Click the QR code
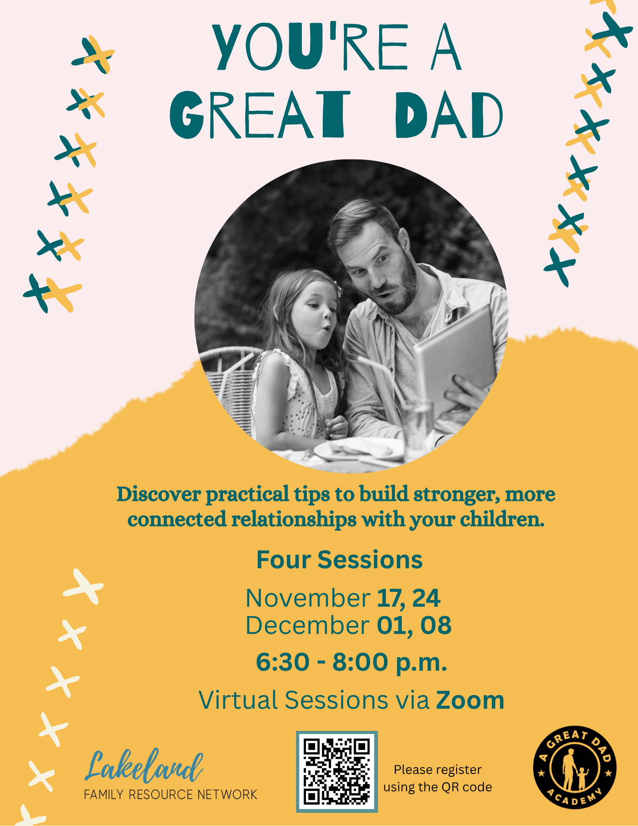pos(337,771)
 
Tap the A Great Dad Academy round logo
pos(574,767)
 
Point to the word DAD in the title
pos(449,115)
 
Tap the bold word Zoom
pos(470,700)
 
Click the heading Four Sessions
pos(339,560)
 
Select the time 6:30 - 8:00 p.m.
pos(351,662)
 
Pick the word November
pos(308,598)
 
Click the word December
pos(308,625)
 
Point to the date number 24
pos(426,598)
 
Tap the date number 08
pos(436,625)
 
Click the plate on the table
pos(359,449)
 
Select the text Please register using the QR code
pos(438,779)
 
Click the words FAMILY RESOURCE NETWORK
pos(171,795)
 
